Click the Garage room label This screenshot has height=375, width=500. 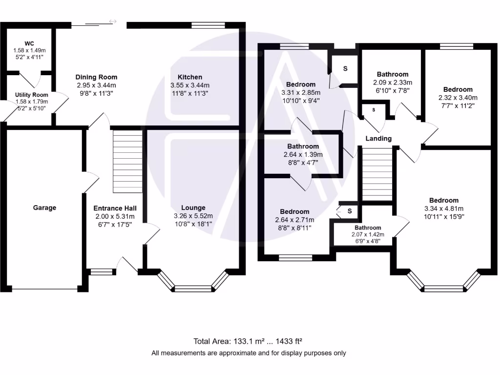(x=44, y=208)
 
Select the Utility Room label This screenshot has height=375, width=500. (x=31, y=95)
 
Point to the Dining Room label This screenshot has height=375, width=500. (x=96, y=77)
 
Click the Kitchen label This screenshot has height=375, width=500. (x=190, y=77)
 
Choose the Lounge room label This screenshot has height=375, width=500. (x=193, y=208)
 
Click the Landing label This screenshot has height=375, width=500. (x=378, y=139)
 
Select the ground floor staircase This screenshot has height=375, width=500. (x=127, y=162)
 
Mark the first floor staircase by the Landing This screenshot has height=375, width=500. (x=377, y=174)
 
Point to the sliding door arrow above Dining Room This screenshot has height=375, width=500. (x=113, y=21)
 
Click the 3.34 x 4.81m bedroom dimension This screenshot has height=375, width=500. (x=444, y=208)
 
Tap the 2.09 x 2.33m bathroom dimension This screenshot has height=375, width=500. (x=393, y=83)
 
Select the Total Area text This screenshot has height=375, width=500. (x=250, y=341)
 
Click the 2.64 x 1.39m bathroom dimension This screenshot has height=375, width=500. (x=303, y=155)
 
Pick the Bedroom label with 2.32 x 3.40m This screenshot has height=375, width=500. (x=458, y=89)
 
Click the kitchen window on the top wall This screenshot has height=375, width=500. (x=208, y=25)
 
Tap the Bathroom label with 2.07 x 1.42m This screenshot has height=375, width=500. (x=368, y=228)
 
